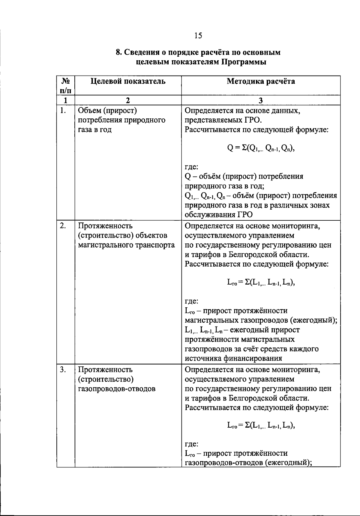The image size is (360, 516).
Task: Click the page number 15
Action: click(198, 36)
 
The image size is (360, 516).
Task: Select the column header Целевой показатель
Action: click(128, 81)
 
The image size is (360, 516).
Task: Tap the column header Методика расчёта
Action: click(261, 81)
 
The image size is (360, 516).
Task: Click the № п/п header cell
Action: click(66, 85)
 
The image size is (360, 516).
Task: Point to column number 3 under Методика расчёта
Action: click(261, 100)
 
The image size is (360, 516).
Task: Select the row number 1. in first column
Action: click(63, 111)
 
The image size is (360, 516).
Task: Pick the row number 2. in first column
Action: click(63, 226)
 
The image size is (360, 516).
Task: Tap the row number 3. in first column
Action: click(63, 370)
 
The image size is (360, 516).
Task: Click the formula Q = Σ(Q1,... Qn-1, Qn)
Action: click(261, 148)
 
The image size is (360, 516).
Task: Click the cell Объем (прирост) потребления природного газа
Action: click(121, 120)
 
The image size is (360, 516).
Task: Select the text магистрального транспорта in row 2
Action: click(126, 245)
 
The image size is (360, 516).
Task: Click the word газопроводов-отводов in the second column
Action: click(117, 389)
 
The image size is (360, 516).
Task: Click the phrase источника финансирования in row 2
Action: click(233, 358)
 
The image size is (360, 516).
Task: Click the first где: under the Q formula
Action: click(191, 167)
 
